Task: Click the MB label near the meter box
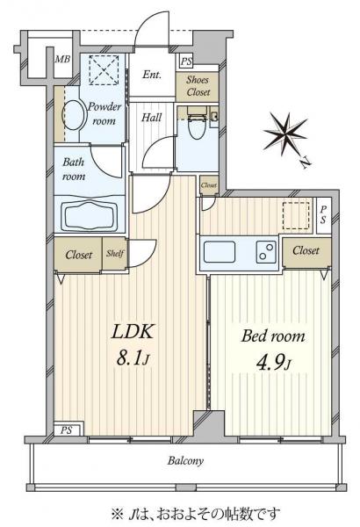(x=62, y=59)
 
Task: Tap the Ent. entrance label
(x=152, y=75)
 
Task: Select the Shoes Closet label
(x=198, y=86)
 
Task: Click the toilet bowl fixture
(x=198, y=126)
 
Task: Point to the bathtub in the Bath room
(x=89, y=215)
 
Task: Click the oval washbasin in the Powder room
(x=73, y=115)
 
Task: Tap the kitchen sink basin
(x=220, y=252)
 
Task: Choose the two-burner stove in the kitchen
(x=267, y=252)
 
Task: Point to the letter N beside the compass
(x=306, y=162)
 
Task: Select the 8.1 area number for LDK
(x=133, y=358)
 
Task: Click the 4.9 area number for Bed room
(x=273, y=362)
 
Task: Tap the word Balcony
(x=185, y=460)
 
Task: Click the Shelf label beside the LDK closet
(x=115, y=253)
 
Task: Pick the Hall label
(x=151, y=118)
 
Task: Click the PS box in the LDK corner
(x=68, y=430)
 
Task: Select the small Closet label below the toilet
(x=209, y=185)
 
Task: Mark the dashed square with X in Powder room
(x=104, y=70)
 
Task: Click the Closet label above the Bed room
(x=306, y=250)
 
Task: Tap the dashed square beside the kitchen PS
(x=296, y=216)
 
